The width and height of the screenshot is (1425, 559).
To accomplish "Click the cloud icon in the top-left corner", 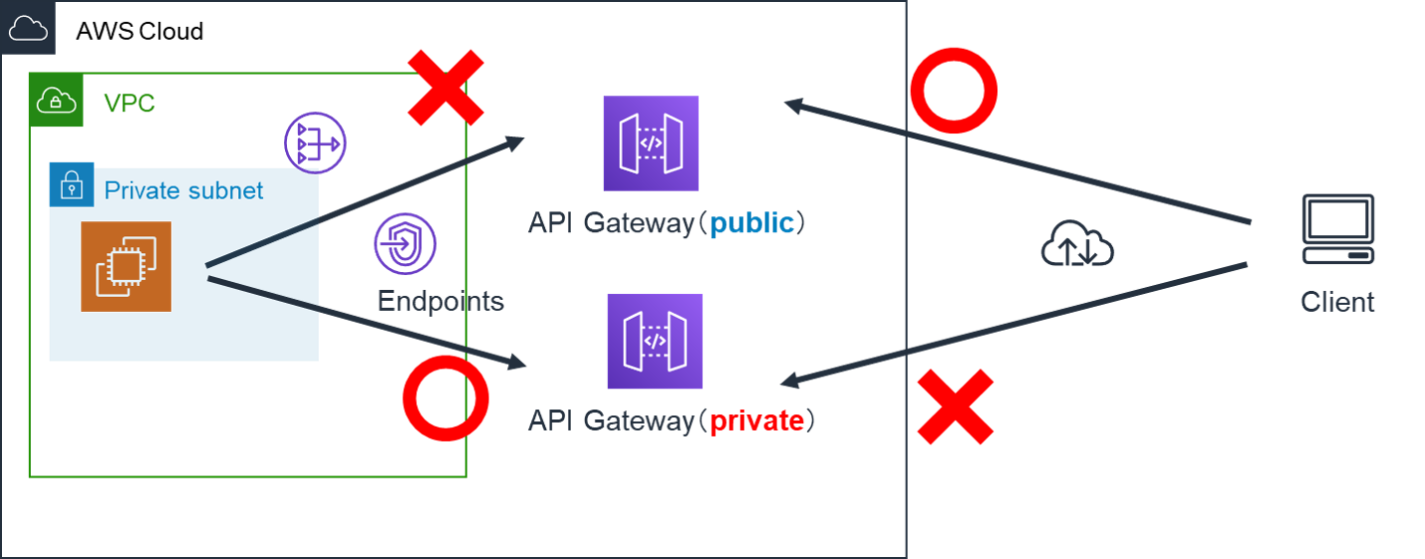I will coord(27,28).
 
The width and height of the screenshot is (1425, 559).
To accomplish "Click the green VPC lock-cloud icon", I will coord(56,101).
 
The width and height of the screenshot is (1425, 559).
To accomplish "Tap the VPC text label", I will coord(130,103).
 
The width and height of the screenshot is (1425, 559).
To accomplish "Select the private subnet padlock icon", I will coord(72,184).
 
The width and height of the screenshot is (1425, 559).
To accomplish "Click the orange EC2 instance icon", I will coord(126,266).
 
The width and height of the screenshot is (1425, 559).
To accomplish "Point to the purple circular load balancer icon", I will coord(314,143).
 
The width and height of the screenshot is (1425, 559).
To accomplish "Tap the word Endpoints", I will coord(440,301).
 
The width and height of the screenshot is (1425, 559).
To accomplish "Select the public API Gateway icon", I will coord(651,143).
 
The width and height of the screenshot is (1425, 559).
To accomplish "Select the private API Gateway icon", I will coord(655,341).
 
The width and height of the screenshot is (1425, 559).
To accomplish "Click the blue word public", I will coord(752,223).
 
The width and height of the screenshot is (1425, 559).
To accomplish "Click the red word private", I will coord(756,420).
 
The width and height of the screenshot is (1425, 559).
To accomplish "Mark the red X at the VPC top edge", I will coord(445,87).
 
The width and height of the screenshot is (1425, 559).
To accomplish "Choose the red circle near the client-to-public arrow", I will coord(954,91).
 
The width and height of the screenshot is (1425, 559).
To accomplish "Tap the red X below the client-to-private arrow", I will coord(956,407).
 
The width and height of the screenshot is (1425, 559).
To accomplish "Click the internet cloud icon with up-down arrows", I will coord(1076,245).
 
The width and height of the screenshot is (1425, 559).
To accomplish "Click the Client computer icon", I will coord(1337,229).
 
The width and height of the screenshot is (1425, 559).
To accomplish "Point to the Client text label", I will coord(1337,302).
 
